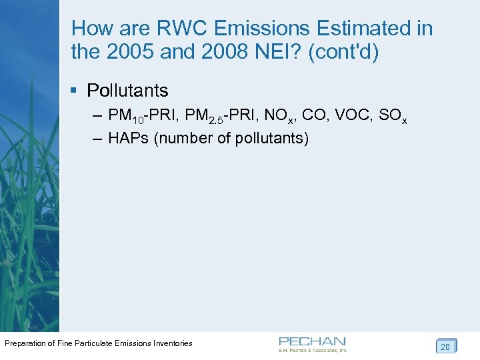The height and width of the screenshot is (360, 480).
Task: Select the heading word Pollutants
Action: pyautogui.click(x=128, y=91)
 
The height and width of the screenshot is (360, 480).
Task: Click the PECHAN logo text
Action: pyautogui.click(x=312, y=341)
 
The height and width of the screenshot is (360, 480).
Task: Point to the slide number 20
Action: pyautogui.click(x=445, y=346)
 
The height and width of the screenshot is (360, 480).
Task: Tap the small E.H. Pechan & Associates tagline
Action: pyautogui.click(x=313, y=350)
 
